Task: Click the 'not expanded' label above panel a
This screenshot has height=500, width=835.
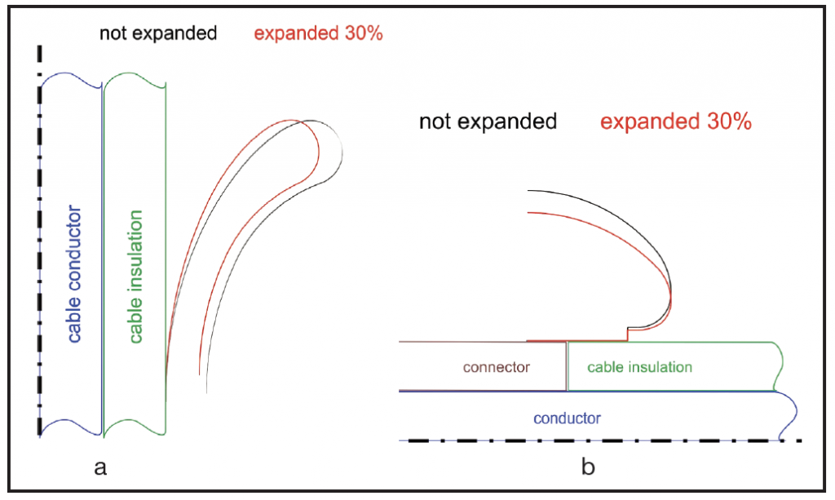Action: tap(158, 33)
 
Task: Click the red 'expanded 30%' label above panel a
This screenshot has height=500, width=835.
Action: tap(319, 34)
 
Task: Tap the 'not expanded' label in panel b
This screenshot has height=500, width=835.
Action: tap(488, 122)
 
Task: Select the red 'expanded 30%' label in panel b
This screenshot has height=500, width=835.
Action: tap(675, 122)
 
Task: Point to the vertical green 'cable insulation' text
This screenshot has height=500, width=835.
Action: tap(136, 277)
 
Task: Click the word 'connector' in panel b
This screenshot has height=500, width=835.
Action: tap(496, 367)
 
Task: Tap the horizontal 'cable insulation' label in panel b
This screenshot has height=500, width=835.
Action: tap(639, 367)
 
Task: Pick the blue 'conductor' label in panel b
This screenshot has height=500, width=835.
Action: tap(567, 418)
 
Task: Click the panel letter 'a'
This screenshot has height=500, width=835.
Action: tap(100, 467)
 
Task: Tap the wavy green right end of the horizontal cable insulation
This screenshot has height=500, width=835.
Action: tap(780, 366)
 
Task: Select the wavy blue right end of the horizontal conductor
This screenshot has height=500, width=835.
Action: tap(789, 417)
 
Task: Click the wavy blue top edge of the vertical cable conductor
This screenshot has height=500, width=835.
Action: tap(70, 78)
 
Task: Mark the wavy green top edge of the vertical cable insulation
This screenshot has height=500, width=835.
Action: tap(134, 78)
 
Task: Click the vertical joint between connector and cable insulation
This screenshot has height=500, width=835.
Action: tap(567, 366)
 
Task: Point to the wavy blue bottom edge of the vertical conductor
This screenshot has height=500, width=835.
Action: tap(70, 425)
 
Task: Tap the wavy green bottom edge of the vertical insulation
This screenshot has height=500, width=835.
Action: tap(134, 425)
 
